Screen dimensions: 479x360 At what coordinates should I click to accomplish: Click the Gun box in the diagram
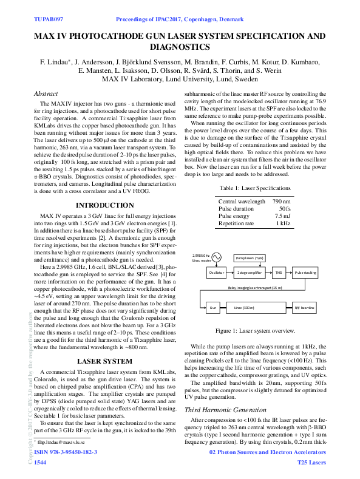point(212,308)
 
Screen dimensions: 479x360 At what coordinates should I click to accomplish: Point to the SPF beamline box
point(305,308)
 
